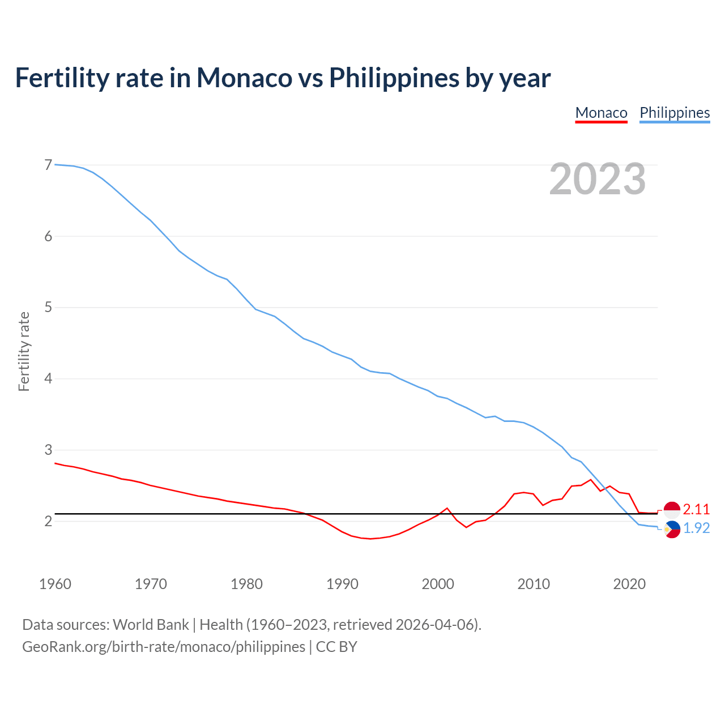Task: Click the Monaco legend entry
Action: (601, 113)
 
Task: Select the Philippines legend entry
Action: (675, 113)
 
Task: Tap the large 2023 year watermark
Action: (598, 179)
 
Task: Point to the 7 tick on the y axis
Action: (48, 165)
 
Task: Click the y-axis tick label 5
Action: (48, 308)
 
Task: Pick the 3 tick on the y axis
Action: (48, 450)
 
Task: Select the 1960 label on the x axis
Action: (55, 584)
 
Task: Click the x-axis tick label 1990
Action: (342, 584)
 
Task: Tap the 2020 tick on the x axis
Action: (629, 584)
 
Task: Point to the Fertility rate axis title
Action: (24, 351)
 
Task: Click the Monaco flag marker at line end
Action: (672, 509)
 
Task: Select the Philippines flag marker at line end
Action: (672, 529)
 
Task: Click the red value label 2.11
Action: (696, 509)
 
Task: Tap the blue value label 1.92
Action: (696, 528)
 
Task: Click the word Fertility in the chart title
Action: (61, 78)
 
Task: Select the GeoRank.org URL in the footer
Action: (163, 647)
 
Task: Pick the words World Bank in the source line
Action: (151, 625)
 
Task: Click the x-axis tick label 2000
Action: (438, 584)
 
